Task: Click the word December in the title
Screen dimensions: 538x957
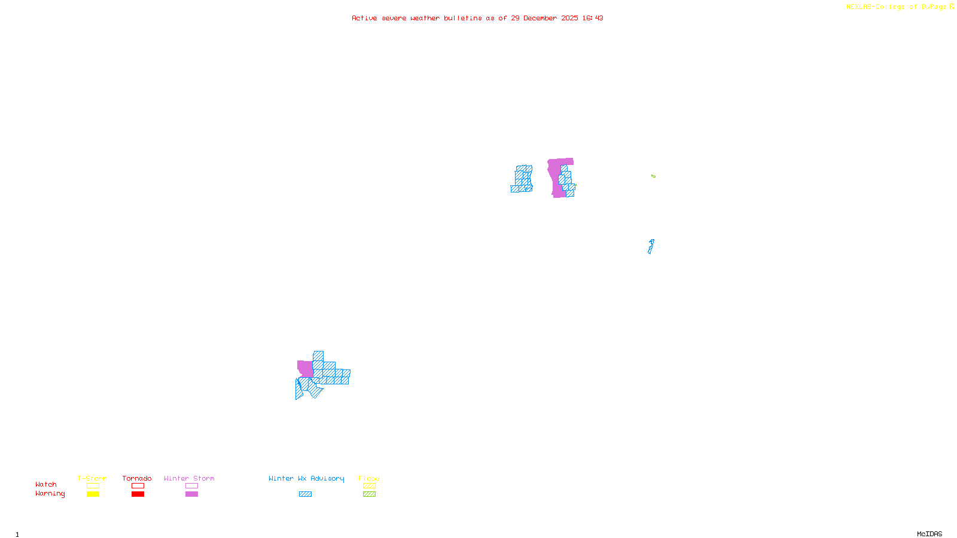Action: [540, 18]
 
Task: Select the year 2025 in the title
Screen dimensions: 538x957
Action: [569, 18]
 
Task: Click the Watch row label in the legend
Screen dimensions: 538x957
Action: [46, 484]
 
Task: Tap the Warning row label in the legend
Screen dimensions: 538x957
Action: [50, 494]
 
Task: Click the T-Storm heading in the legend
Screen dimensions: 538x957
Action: [92, 478]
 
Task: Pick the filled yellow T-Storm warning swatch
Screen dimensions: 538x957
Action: [93, 494]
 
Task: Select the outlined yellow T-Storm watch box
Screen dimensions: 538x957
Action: [93, 486]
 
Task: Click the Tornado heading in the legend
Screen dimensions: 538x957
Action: [137, 478]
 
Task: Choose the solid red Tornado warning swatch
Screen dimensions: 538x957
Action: [138, 494]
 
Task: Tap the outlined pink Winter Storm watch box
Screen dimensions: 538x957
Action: [191, 486]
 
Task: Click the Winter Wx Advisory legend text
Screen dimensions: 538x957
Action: [306, 478]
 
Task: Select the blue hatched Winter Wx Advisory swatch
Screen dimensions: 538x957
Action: [305, 494]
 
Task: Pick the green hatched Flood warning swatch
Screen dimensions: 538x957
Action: [369, 494]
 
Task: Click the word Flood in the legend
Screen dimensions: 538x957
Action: [369, 478]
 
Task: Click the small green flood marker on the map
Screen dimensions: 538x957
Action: [653, 176]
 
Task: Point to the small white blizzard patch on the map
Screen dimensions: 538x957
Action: [298, 375]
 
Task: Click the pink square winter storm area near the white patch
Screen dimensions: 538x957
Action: [305, 368]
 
